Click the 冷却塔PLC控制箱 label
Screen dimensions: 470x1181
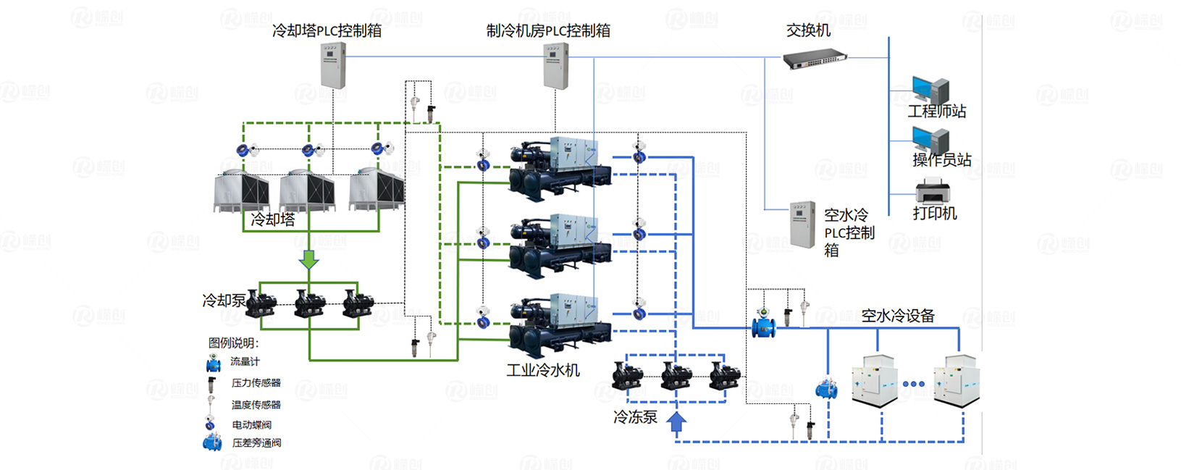click(327, 30)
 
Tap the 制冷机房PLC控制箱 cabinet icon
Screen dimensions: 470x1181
click(555, 66)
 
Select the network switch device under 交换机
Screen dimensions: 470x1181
click(815, 59)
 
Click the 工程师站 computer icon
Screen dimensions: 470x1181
click(930, 90)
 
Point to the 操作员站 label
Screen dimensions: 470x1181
click(941, 160)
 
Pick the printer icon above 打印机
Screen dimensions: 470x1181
click(933, 191)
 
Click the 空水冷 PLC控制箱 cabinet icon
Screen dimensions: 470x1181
click(802, 224)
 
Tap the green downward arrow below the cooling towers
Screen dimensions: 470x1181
click(309, 259)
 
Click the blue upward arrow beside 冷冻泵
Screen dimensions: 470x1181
click(676, 422)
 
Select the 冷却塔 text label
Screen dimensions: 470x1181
click(273, 219)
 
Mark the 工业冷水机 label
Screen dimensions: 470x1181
click(543, 371)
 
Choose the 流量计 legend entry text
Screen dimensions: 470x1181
click(245, 361)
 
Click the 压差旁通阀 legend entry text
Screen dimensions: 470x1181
click(256, 443)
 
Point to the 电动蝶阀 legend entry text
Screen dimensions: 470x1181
click(251, 425)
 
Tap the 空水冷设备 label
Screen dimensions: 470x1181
click(897, 316)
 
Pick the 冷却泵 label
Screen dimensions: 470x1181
click(223, 301)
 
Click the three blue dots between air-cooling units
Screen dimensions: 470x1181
click(913, 384)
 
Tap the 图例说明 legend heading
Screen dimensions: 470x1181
click(233, 343)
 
